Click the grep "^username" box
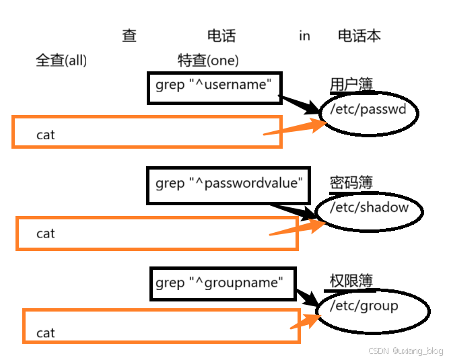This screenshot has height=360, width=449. pos(213,86)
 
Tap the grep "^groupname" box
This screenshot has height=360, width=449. pos(223,283)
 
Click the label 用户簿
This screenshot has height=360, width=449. pos(351,84)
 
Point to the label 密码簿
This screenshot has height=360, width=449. pos(351,182)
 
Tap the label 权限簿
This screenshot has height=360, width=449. pos(351,281)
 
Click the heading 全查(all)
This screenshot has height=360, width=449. pos(61,61)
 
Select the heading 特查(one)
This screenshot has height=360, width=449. pos(208,61)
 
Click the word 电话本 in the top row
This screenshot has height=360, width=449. pos(359,36)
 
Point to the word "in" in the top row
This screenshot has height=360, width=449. pos(304,36)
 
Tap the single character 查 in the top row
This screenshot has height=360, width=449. pos(129,36)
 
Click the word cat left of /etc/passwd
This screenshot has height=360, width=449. pos(46,135)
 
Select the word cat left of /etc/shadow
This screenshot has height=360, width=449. pos(46,234)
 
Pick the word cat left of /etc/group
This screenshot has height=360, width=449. pos(46,333)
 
